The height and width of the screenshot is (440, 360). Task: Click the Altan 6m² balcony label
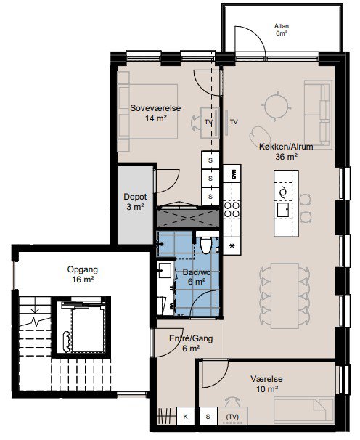pyautogui.click(x=282, y=30)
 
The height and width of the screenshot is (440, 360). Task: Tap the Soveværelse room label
pyautogui.click(x=155, y=108)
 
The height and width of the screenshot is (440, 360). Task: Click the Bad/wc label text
pyautogui.click(x=197, y=272)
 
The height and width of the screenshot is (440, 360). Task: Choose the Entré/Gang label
pyautogui.click(x=191, y=338)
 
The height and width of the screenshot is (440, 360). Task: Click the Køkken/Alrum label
pyautogui.click(x=286, y=147)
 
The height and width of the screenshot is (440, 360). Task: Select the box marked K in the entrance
pyautogui.click(x=186, y=417)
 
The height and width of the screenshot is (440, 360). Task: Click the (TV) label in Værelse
pyautogui.click(x=232, y=417)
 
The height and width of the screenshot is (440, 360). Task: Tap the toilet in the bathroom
pyautogui.click(x=206, y=245)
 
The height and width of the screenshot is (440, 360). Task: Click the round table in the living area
pyautogui.click(x=277, y=106)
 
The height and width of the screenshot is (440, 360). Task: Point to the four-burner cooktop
pyautogui.click(x=232, y=210)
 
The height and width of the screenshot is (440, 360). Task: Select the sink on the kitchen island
pyautogui.click(x=283, y=210)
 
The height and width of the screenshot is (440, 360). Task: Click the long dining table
pyautogui.click(x=285, y=296)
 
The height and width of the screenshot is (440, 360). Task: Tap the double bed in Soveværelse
pyautogui.click(x=147, y=111)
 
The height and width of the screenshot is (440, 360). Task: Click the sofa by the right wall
pyautogui.click(x=318, y=115)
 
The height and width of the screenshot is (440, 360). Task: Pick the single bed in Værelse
pyautogui.click(x=304, y=410)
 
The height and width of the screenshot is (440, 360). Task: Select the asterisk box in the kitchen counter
pyautogui.click(x=232, y=246)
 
